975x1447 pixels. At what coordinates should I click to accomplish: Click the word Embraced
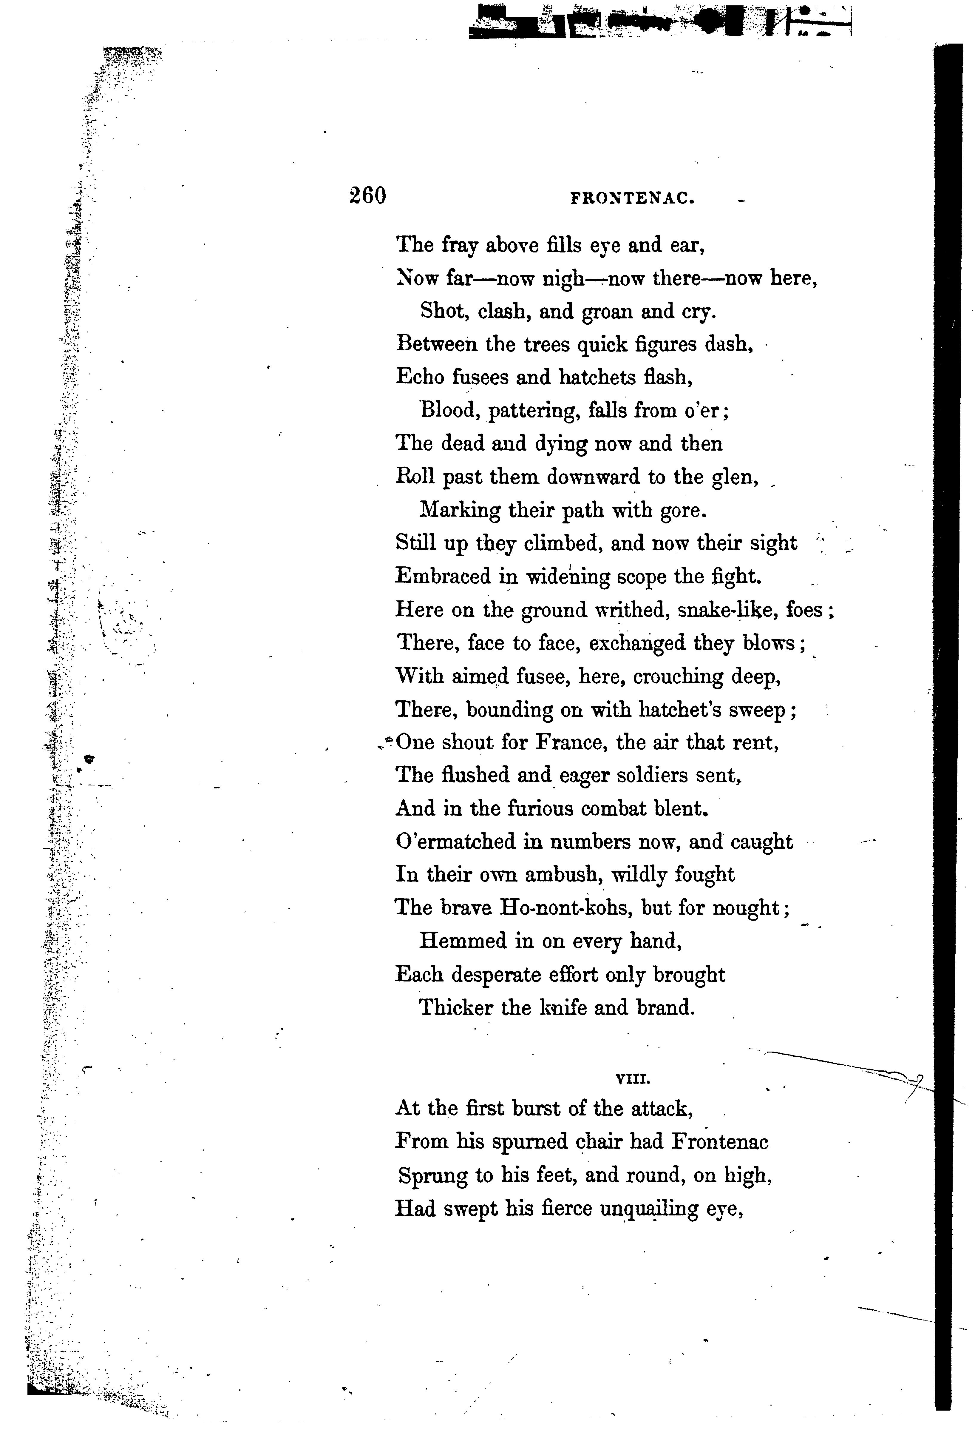443,577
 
